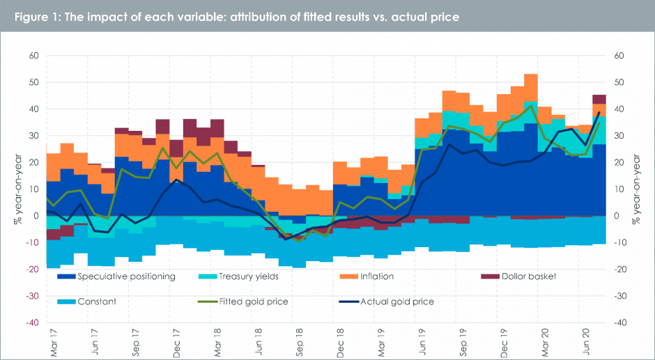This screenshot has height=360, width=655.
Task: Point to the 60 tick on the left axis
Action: (x=32, y=56)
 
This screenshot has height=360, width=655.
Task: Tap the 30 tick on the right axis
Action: (x=619, y=136)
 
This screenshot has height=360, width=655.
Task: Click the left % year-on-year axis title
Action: (x=14, y=188)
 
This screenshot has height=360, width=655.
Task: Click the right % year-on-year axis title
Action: (x=636, y=188)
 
